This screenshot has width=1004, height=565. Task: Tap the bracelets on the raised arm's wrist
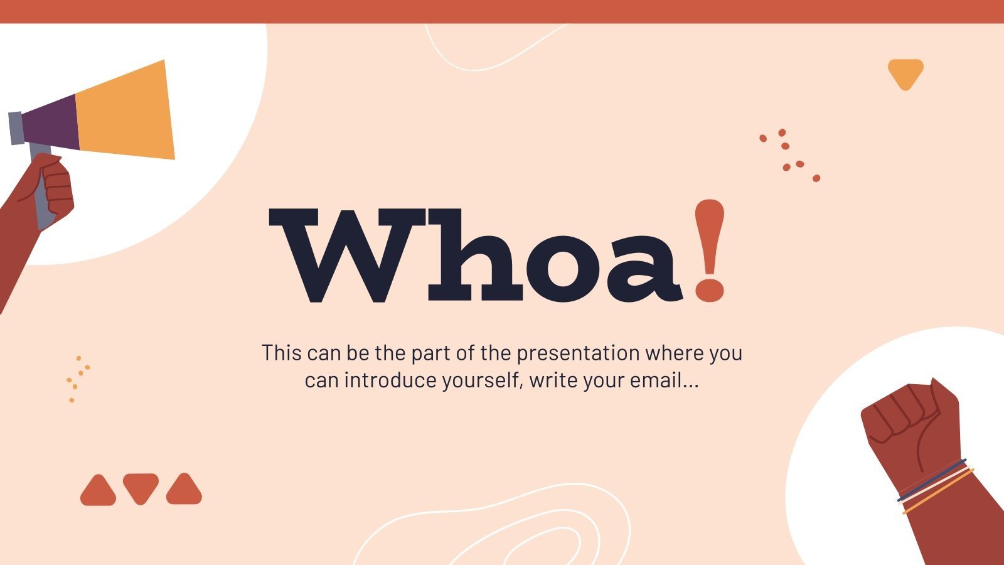coord(935,486)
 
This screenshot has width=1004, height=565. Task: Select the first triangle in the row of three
coord(98,490)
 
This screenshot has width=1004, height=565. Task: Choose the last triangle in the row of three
coord(184,490)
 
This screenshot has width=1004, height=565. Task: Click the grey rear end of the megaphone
coord(16,128)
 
